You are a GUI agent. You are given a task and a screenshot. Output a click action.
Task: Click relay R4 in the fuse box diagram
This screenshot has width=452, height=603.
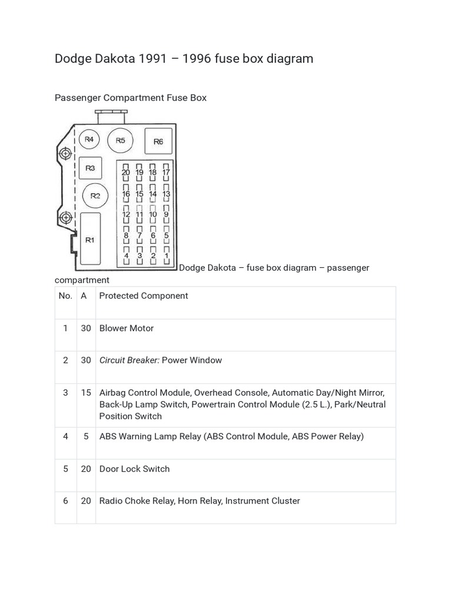point(89,140)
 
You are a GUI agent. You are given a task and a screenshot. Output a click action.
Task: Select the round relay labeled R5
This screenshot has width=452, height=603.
point(121,140)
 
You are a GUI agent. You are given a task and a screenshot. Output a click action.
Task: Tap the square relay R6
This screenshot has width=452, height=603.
point(158,141)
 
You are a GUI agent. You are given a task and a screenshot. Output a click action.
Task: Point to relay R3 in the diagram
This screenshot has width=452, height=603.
point(90,168)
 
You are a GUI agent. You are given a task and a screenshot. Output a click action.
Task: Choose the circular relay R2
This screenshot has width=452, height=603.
point(95,196)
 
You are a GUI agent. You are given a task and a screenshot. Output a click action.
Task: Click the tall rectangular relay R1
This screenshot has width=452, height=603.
point(90,239)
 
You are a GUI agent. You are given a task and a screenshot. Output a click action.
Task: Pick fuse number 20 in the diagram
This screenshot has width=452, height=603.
point(126,173)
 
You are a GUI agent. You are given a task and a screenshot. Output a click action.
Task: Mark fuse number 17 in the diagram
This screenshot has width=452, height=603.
point(166,173)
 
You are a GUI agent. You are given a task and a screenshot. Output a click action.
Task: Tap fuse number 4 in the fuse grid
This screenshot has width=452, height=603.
point(126,256)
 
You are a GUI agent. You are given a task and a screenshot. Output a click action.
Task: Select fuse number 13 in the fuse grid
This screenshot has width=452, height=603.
point(166,194)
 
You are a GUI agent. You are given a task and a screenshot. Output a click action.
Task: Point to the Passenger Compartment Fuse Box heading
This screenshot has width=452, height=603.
point(131,98)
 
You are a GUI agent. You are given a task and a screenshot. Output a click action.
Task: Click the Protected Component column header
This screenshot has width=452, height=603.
point(144,296)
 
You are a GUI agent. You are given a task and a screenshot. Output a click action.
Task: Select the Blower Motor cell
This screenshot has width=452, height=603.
point(127,328)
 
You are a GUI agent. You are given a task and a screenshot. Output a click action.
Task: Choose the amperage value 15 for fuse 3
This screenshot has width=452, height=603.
point(86,392)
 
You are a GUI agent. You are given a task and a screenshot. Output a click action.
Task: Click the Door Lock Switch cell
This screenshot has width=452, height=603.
point(134,469)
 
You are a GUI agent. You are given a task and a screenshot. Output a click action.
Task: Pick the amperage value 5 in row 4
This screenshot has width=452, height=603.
point(86,436)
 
